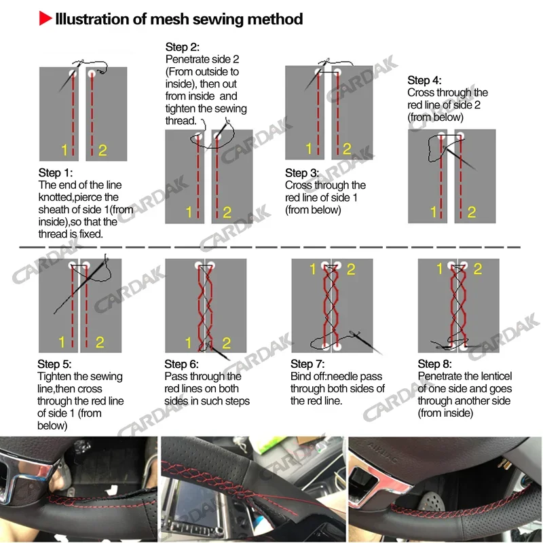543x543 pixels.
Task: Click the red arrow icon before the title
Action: (x=45, y=19)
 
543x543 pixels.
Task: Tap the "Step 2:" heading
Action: (x=183, y=48)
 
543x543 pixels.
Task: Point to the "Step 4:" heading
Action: (x=424, y=81)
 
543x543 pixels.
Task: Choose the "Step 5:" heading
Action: (x=55, y=364)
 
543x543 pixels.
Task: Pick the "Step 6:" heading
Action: (x=182, y=364)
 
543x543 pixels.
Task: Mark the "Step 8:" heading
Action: (x=435, y=364)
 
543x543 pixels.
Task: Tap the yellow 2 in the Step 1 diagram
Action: (x=102, y=150)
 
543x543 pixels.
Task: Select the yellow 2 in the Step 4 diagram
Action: (x=471, y=212)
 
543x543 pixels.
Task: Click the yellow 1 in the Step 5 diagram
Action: (x=62, y=342)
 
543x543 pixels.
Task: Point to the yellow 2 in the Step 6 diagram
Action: (x=227, y=343)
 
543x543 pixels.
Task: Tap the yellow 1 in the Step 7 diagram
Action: (x=313, y=269)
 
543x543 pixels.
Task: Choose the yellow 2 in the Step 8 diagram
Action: (x=478, y=269)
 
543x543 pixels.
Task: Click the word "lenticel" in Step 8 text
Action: (x=491, y=376)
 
